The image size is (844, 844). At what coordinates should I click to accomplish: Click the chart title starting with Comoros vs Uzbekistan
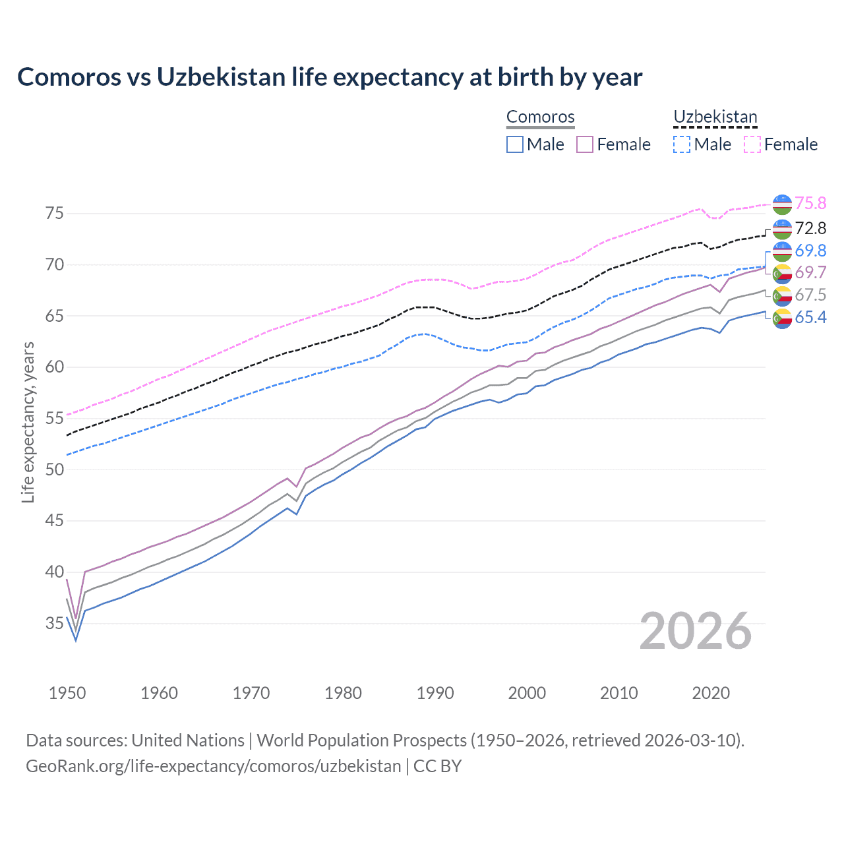click(x=330, y=77)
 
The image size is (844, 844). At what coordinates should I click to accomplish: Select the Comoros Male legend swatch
click(x=515, y=144)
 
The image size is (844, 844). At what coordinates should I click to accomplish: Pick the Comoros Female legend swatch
click(x=586, y=144)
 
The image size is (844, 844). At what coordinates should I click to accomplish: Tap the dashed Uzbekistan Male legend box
click(x=682, y=144)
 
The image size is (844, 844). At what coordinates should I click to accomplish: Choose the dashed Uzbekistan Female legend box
click(x=752, y=144)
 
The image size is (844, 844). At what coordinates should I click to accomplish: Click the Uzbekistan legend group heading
click(x=715, y=117)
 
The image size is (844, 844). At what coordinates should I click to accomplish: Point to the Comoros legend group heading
click(x=541, y=117)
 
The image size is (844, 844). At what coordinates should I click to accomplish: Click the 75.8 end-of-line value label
click(x=810, y=203)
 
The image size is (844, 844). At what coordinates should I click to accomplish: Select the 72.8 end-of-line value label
click(x=810, y=228)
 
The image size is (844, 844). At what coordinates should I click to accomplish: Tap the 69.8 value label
click(x=810, y=251)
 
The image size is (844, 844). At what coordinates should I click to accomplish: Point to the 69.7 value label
click(x=810, y=272)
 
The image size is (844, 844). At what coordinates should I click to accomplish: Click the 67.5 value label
click(x=810, y=295)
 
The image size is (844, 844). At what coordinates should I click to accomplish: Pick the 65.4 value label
click(x=810, y=317)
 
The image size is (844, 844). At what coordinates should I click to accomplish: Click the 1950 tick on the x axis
click(x=67, y=693)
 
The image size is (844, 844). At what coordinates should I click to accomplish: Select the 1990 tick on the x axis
click(x=435, y=693)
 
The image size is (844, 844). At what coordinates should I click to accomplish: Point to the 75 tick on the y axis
click(x=54, y=213)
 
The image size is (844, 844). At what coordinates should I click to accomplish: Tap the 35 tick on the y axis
click(x=54, y=622)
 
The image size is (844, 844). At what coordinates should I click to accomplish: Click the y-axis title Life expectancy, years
click(x=28, y=422)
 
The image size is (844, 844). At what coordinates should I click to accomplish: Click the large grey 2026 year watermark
click(x=696, y=631)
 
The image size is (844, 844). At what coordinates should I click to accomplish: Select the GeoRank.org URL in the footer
click(x=213, y=766)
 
